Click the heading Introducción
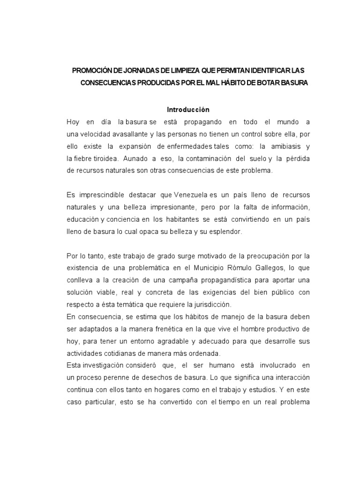[188, 110]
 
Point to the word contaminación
[207, 158]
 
